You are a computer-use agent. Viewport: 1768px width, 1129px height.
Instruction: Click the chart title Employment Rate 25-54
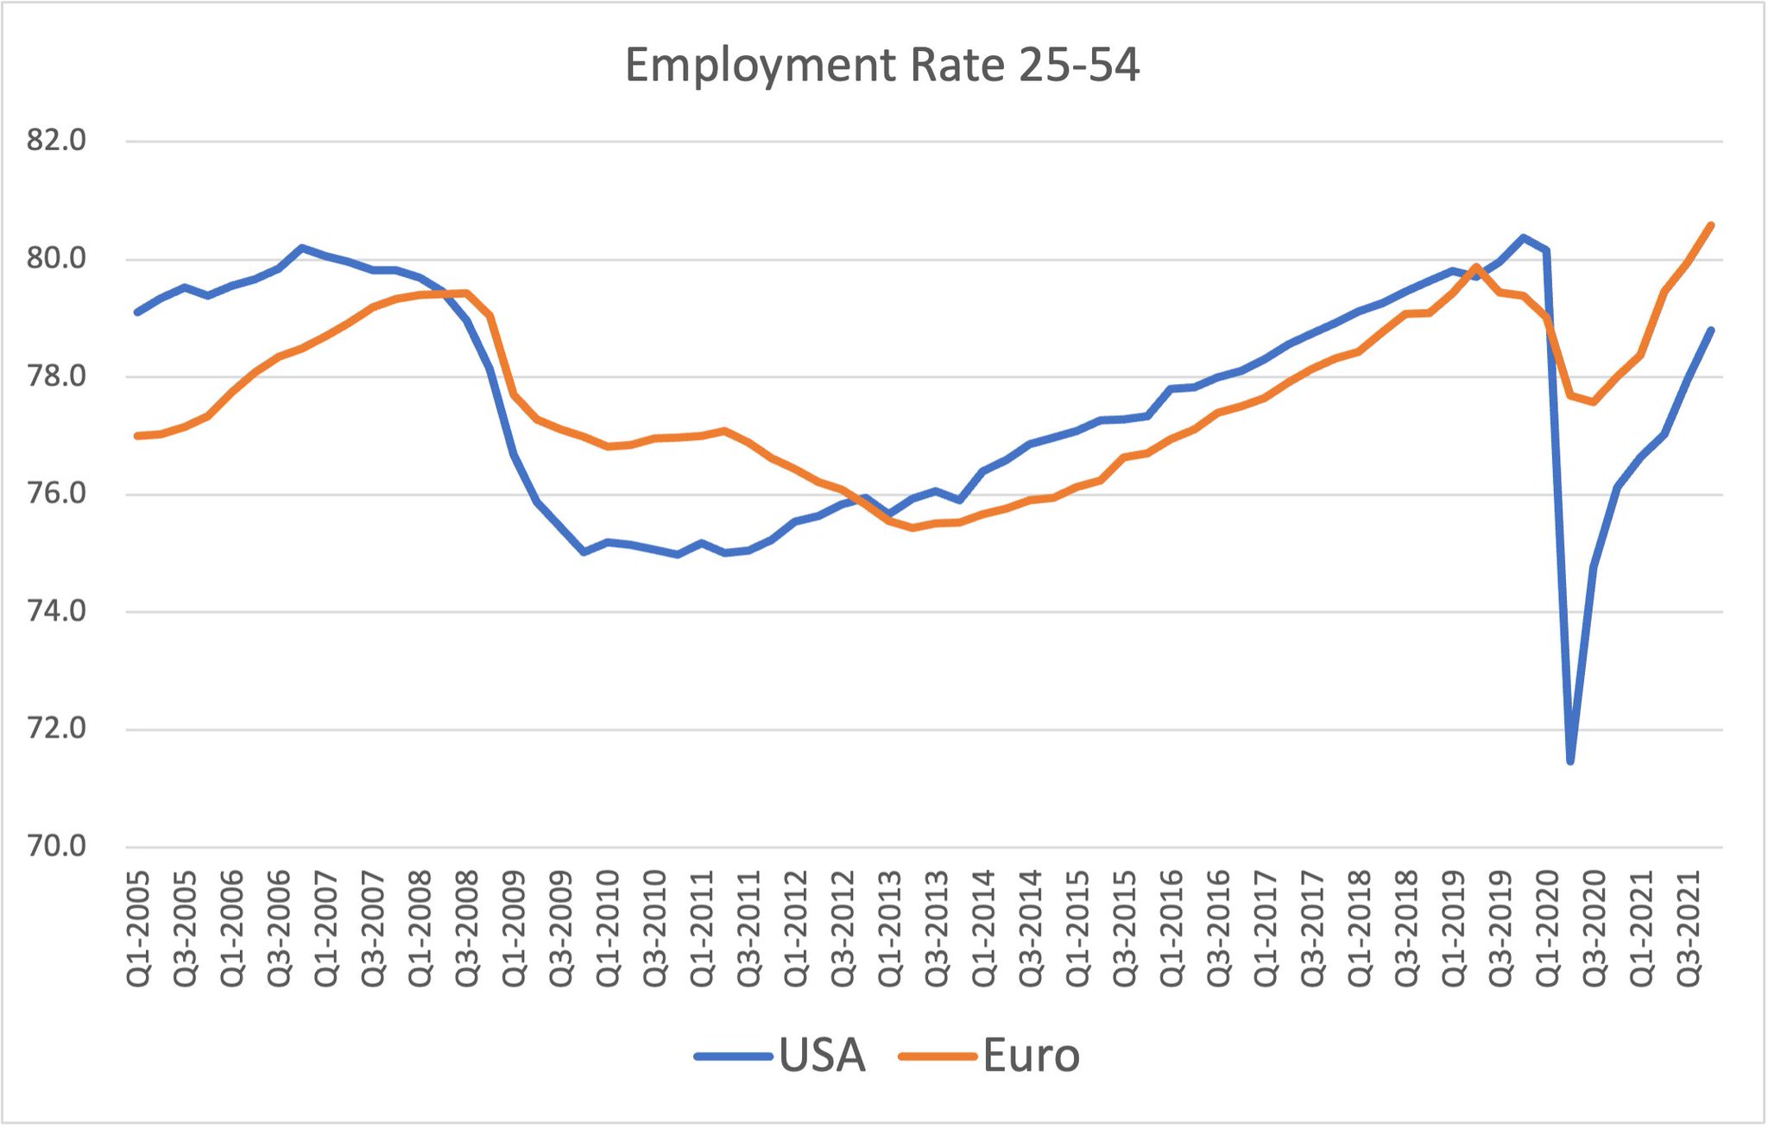click(881, 66)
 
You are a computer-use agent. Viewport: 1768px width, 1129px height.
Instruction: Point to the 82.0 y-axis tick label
click(57, 140)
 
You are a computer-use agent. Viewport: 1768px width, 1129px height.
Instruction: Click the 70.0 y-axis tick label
click(57, 846)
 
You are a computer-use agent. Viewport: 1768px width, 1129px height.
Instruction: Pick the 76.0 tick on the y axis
click(57, 494)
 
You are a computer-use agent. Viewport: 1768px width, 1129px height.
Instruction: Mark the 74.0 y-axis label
click(57, 611)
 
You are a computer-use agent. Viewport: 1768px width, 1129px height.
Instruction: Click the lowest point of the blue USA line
click(1570, 761)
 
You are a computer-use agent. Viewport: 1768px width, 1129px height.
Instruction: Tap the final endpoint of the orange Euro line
click(1711, 225)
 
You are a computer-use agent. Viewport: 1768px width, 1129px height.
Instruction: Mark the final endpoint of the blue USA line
click(1711, 330)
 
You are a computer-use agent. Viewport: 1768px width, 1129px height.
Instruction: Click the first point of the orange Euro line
click(137, 436)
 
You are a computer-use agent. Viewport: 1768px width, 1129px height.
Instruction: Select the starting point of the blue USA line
click(137, 312)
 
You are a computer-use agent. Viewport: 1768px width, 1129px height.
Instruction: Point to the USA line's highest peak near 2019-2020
click(1524, 237)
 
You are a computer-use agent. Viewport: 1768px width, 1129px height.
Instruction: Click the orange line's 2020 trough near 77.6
click(1594, 402)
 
